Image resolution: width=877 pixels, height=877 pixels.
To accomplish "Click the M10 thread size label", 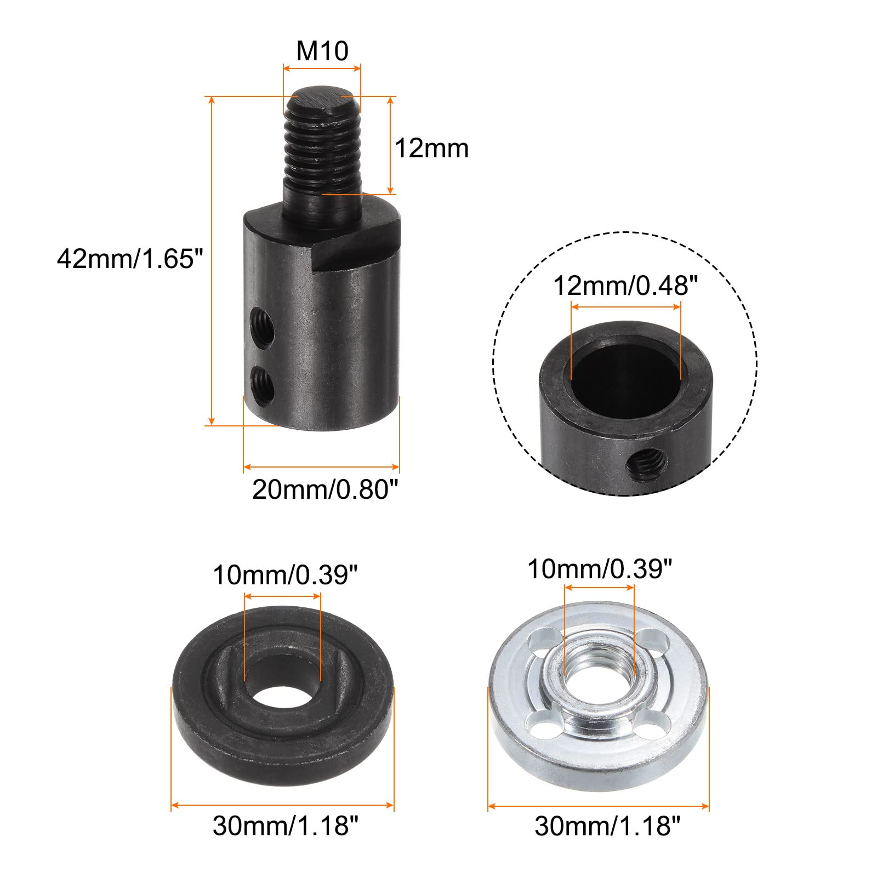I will point(322,51).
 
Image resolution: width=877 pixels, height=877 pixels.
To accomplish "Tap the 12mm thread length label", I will point(431,149).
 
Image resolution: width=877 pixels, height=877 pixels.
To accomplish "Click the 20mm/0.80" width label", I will point(324,489).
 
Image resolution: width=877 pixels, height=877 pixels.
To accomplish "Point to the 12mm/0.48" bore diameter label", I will point(625,286).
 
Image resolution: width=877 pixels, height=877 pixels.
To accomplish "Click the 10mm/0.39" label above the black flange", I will point(285,576).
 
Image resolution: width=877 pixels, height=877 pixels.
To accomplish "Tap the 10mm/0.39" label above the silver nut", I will point(599,570).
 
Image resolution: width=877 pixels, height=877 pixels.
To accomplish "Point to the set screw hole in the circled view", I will point(645,465).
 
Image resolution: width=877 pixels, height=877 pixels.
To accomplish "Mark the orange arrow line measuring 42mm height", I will point(211,260).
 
